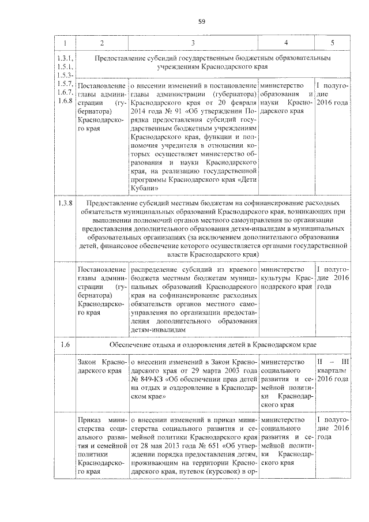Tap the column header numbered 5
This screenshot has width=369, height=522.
332,43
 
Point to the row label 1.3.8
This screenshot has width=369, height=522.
65,204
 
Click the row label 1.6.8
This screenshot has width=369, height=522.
65,101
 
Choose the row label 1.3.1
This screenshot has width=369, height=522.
65,58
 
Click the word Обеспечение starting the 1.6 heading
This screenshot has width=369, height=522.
131,344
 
